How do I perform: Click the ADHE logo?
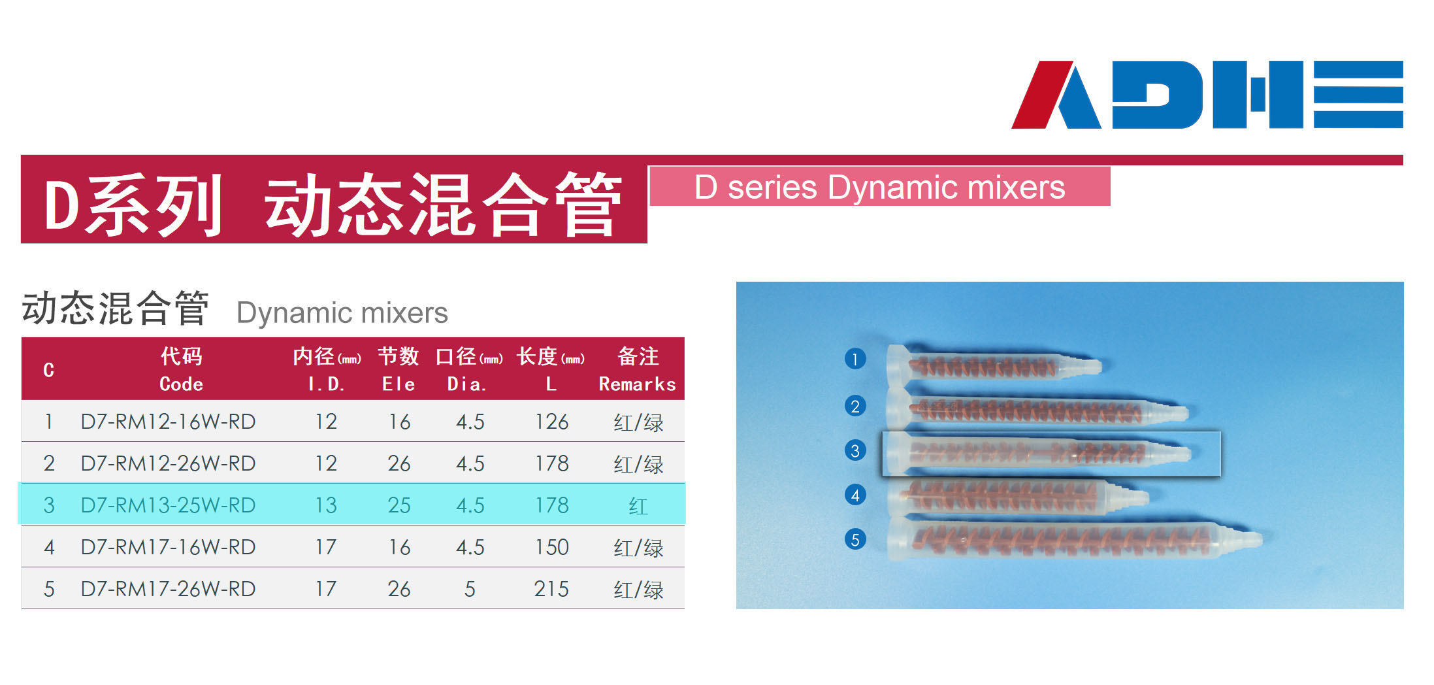point(1207,94)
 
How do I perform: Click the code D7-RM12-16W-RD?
point(168,422)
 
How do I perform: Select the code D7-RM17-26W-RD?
point(168,589)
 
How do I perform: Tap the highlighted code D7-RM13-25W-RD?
point(168,505)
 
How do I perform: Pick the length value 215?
point(551,589)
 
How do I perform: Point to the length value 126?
point(551,422)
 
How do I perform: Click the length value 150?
point(551,547)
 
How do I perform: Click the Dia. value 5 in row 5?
point(470,589)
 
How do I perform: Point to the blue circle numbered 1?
point(855,359)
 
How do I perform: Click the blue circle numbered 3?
point(855,450)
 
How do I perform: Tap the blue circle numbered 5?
point(855,539)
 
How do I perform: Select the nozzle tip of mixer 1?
point(1096,366)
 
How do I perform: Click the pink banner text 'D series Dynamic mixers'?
point(879,188)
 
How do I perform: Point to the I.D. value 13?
point(326,505)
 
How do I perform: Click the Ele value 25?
point(399,505)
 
